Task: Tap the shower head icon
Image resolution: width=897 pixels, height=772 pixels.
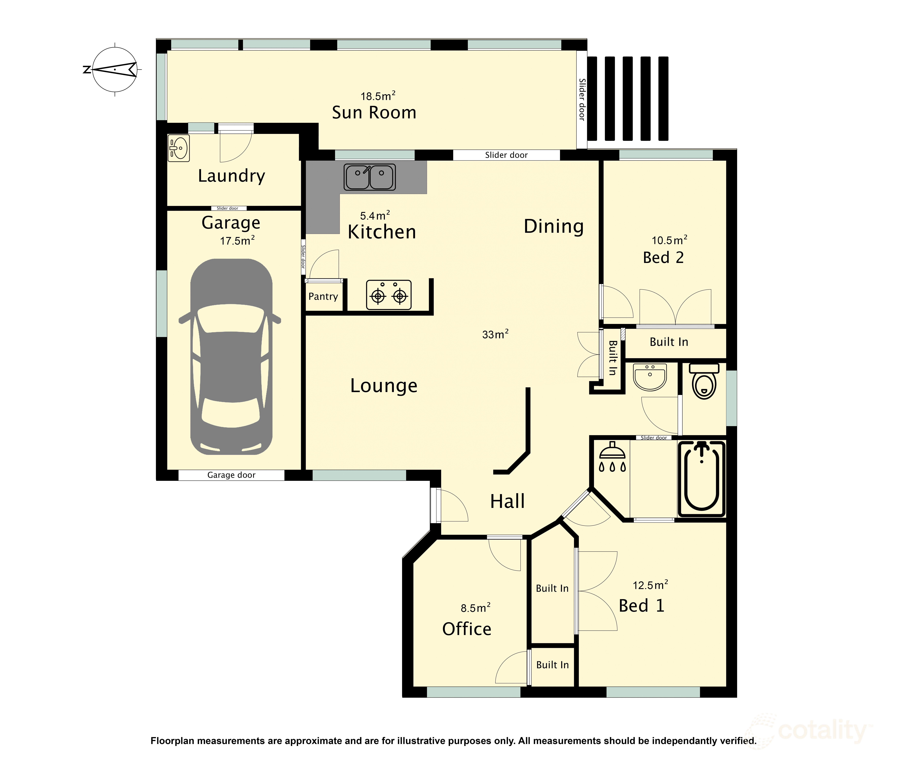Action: [612, 456]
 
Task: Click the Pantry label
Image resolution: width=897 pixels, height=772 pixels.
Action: [323, 296]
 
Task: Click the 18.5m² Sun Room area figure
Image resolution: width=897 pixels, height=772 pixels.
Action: [378, 96]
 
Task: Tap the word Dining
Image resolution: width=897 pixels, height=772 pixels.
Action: [554, 226]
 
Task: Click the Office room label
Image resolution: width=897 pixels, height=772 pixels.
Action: [467, 629]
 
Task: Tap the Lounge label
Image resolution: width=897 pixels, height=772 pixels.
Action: [384, 386]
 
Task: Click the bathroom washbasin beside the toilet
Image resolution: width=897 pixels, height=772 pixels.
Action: [650, 377]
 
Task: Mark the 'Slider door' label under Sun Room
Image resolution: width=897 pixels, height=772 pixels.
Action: [506, 155]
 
